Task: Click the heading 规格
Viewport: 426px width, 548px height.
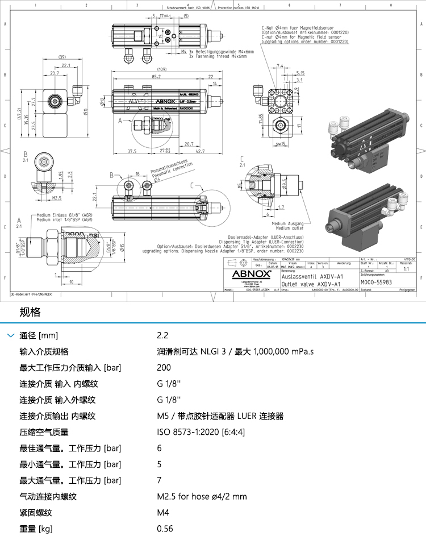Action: click(30, 312)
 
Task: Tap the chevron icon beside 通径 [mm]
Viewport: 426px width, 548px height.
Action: click(10, 335)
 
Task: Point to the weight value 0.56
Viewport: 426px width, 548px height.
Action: click(165, 529)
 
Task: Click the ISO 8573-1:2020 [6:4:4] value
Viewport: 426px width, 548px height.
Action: click(201, 432)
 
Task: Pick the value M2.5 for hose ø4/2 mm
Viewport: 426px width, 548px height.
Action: click(202, 496)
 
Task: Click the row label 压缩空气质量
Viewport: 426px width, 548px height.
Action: click(44, 432)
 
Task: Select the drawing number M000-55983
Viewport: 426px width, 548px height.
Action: click(377, 282)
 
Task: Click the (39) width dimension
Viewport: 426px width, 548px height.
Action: click(62, 57)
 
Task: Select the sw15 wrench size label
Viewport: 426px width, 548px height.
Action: click(279, 144)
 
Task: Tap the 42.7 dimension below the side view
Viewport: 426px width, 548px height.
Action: click(199, 151)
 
